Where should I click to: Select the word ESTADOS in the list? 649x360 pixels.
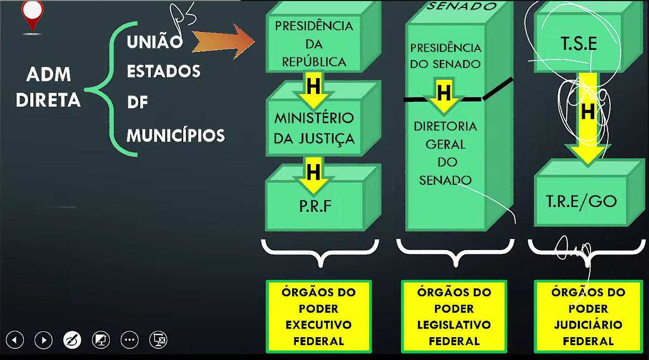pos(164,71)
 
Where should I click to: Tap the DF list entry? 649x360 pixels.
pos(138,102)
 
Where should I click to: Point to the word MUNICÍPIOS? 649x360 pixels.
pos(176,135)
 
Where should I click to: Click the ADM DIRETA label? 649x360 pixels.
pos(48,87)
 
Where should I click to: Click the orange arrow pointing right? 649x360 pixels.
pos(223,42)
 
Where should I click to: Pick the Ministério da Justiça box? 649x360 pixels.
pos(314,127)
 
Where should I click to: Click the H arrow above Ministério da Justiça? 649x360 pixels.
pos(314,87)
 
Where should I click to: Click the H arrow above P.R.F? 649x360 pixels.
pos(314,172)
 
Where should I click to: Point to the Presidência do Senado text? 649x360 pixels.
pos(446,56)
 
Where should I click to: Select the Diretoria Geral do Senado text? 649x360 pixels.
pos(445,153)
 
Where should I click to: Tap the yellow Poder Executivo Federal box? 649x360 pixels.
pos(319,316)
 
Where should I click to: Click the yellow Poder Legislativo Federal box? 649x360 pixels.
pos(454,316)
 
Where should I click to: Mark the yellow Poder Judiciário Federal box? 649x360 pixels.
pos(588,316)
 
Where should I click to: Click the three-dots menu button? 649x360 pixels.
pos(130,340)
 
